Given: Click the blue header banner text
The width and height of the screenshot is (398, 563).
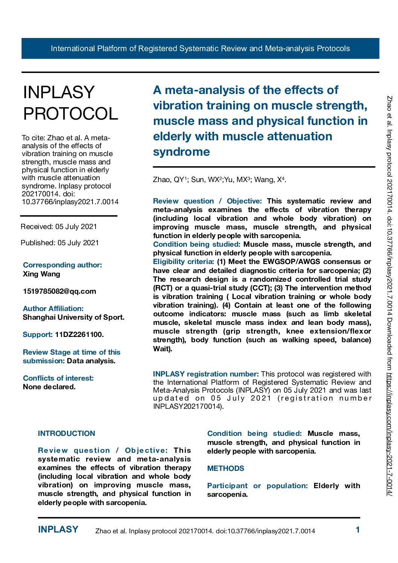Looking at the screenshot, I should [200, 49].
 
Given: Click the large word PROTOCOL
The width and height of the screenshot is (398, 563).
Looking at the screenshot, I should [71, 114].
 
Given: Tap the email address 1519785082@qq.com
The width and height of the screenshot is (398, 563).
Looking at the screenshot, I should [59, 291].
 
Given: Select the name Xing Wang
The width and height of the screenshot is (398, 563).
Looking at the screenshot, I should [41, 274].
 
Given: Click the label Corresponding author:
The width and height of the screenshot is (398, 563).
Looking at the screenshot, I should [62, 265].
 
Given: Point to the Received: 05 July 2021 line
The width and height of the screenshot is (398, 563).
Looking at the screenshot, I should [59, 226].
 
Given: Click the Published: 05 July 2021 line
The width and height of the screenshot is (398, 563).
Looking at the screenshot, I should [59, 243].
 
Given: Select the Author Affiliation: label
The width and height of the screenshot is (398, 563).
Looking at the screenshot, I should [53, 308].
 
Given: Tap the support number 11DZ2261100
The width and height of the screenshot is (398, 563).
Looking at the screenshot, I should [79, 334].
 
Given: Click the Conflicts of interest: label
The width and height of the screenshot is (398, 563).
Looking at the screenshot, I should [58, 378].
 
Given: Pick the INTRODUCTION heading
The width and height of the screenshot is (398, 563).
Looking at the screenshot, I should [67, 433].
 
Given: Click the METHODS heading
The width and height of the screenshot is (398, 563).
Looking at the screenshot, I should [226, 468].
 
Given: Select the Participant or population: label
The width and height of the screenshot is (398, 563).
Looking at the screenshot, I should [257, 486].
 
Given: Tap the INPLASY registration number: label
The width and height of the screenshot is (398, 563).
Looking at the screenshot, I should [206, 374].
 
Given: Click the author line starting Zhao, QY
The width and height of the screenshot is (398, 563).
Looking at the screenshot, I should [220, 179].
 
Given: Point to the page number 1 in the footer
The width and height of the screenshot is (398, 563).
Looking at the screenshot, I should [358, 530].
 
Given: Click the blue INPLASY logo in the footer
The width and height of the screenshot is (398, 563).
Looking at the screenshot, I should [58, 530].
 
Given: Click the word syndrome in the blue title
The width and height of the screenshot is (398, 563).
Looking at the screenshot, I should [181, 152].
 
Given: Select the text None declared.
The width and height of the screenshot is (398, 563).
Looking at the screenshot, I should [49, 387].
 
